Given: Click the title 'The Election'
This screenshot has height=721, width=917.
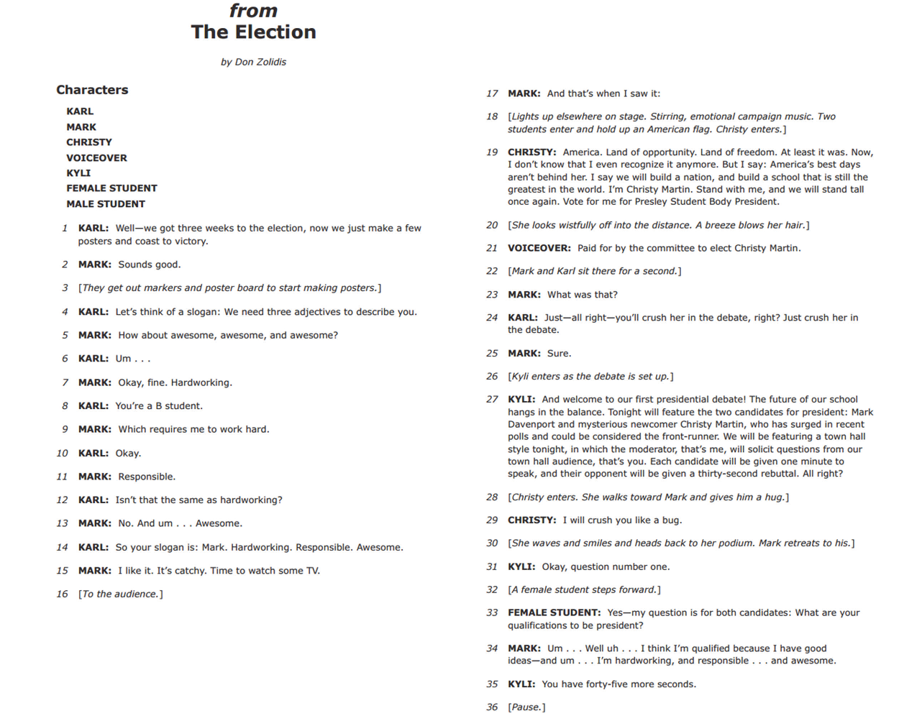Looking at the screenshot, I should pos(253,32).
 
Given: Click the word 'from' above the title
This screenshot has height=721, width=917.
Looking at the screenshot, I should pos(253,11).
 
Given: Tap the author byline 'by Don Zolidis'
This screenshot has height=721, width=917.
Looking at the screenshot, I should pos(253,62).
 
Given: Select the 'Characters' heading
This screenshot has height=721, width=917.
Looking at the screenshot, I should pos(92,90).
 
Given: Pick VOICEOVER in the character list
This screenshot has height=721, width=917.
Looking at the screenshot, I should pos(96,158).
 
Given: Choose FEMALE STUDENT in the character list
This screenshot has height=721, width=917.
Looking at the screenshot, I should pos(111,188).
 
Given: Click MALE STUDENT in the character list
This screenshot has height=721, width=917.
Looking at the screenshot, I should pos(106,204).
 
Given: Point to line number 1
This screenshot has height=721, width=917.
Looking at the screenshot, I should pos(65,229).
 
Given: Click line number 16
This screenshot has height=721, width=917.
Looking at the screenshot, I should pos(63,594).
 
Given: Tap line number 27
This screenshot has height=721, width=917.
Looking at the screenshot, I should pos(492,400).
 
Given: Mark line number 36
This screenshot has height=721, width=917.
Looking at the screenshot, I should pos(492,707).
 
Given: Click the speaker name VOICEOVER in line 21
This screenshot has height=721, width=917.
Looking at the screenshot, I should pos(539,249).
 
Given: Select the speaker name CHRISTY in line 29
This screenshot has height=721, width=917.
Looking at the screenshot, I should pos(532,520).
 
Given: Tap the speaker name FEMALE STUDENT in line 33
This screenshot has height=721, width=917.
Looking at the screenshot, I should pos(554,613).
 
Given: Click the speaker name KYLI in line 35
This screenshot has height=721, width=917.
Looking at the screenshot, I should pos(521,684).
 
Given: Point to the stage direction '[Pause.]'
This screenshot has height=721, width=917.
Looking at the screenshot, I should pos(526,707).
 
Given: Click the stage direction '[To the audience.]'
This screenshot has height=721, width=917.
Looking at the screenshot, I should pos(120,594).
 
